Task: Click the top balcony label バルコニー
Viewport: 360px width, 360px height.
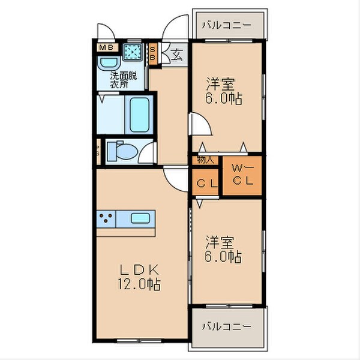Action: pyautogui.click(x=226, y=25)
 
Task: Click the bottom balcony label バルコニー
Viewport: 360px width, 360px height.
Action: pyautogui.click(x=226, y=326)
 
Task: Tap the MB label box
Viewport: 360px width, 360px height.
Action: pyautogui.click(x=106, y=47)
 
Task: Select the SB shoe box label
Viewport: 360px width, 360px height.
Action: pyautogui.click(x=153, y=53)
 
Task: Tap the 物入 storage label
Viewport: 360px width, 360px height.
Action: pyautogui.click(x=206, y=160)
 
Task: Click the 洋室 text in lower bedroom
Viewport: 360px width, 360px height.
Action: pyautogui.click(x=220, y=242)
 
